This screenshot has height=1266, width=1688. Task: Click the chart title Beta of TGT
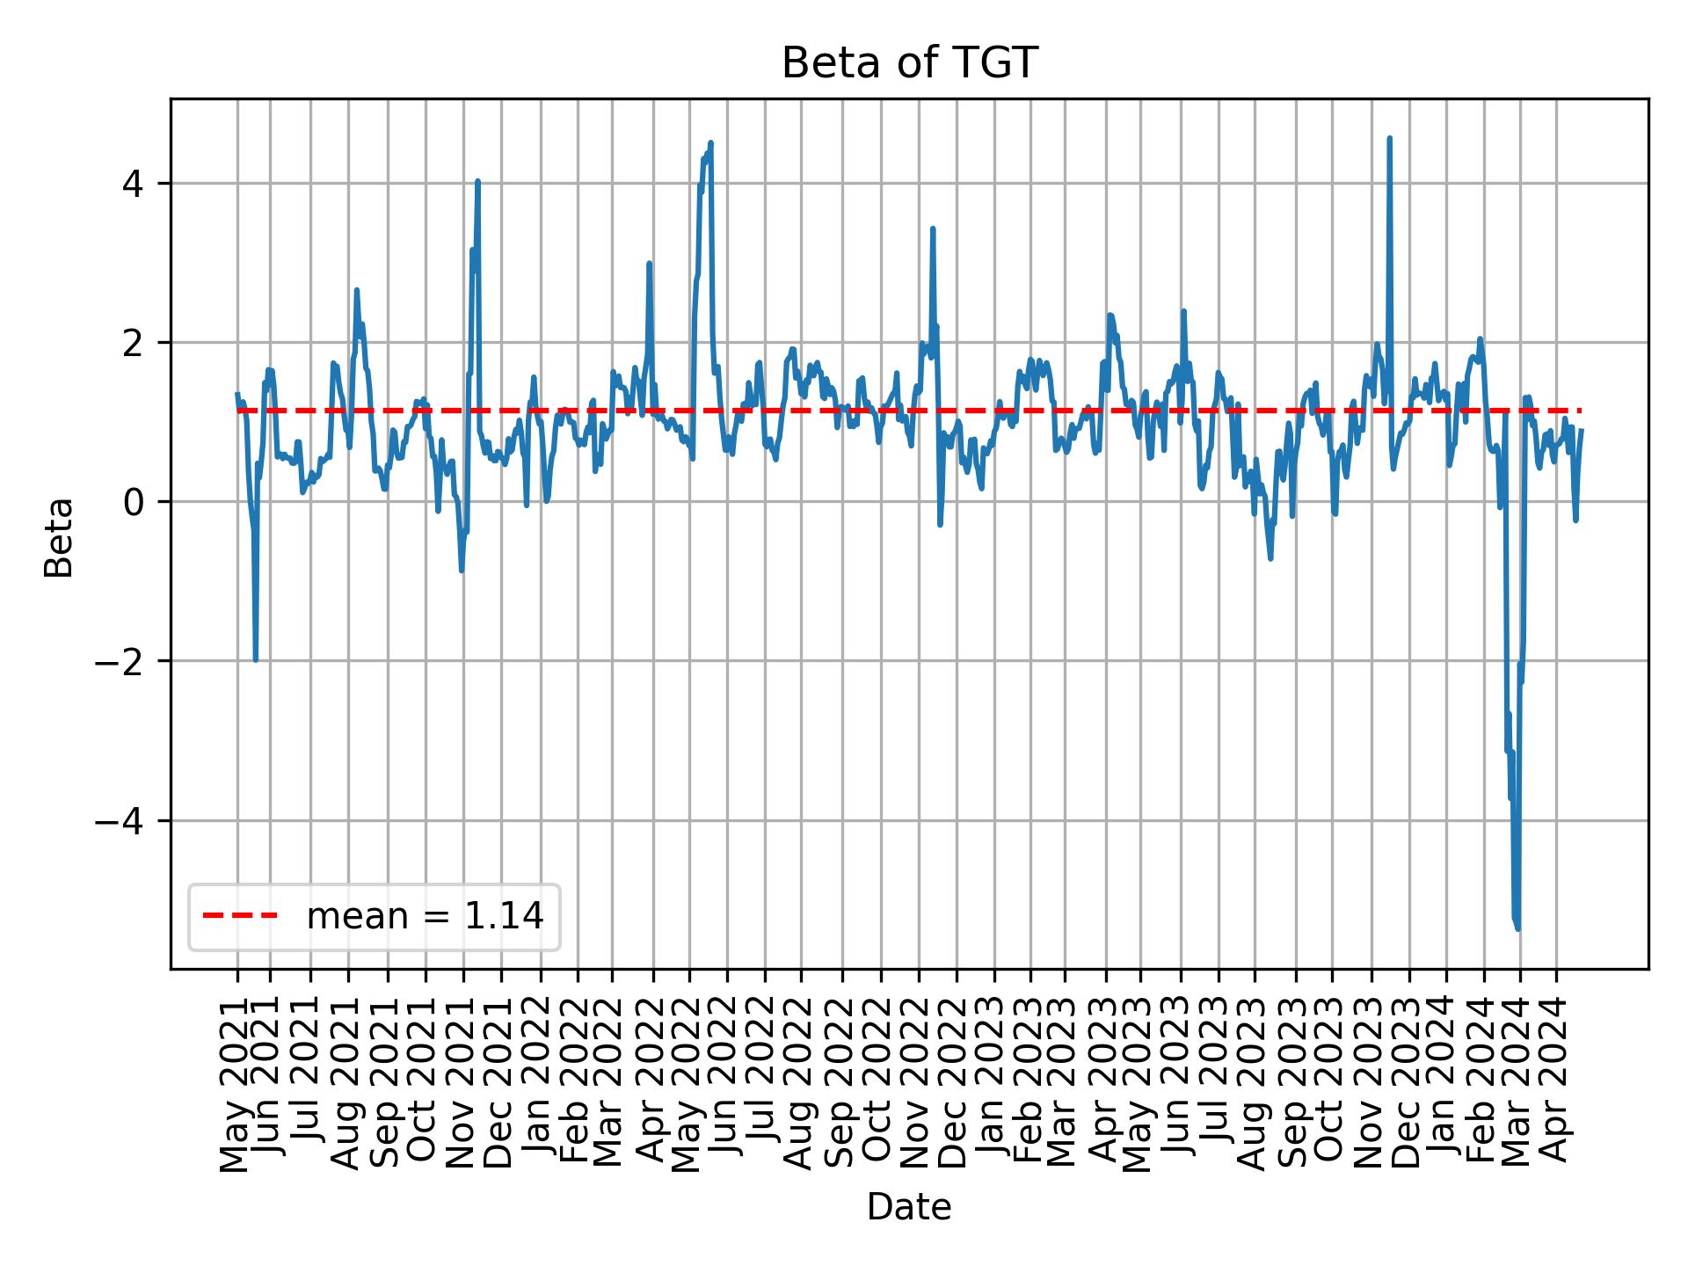click(909, 63)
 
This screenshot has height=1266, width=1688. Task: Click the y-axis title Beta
click(59, 537)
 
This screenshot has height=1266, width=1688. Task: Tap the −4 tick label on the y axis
click(122, 820)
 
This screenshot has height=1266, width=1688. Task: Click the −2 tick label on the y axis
click(122, 661)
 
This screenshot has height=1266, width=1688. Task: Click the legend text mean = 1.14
click(425, 917)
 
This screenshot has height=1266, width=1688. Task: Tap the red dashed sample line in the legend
click(240, 917)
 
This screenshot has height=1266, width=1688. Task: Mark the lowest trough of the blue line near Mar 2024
click(1518, 928)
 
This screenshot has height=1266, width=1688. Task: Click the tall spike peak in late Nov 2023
click(1389, 138)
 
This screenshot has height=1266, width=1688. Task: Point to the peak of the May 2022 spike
click(710, 142)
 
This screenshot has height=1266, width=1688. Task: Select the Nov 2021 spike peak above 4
click(477, 181)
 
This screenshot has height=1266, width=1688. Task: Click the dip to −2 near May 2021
click(256, 660)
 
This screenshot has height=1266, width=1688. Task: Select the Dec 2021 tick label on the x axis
click(499, 1091)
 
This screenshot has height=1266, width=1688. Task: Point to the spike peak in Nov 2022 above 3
click(933, 229)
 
